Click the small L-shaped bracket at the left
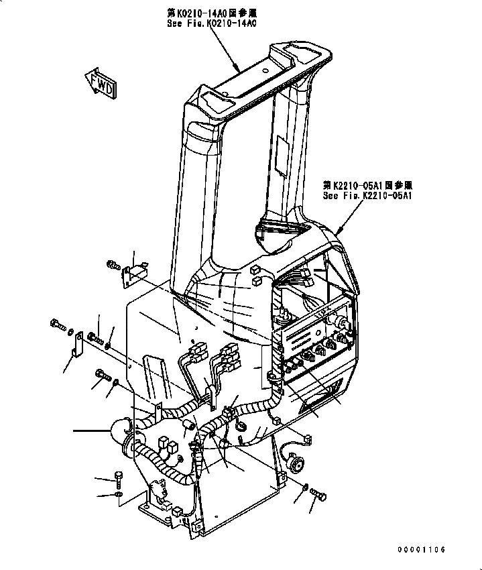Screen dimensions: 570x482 point(77,343)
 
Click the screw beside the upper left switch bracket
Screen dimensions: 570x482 point(111,266)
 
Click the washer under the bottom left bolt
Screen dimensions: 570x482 point(119,495)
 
